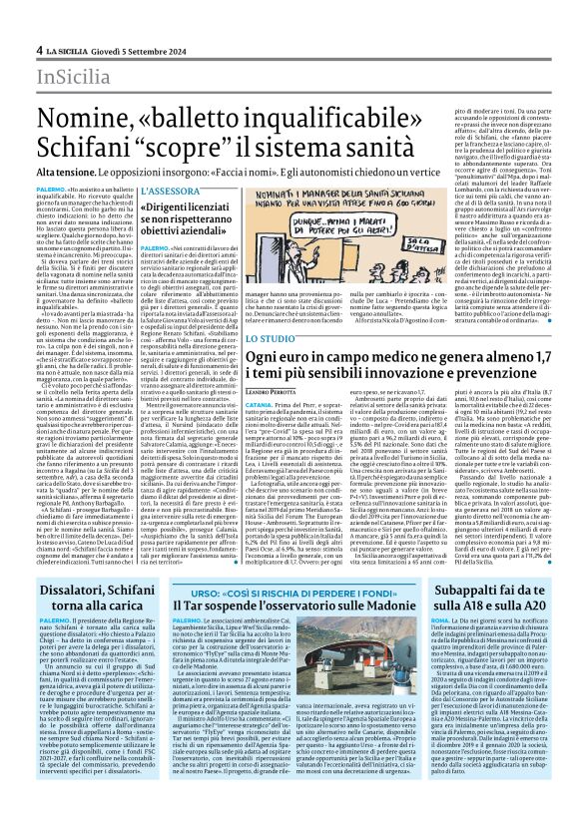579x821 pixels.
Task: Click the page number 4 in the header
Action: coord(39,50)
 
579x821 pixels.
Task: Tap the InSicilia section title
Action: coord(73,76)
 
